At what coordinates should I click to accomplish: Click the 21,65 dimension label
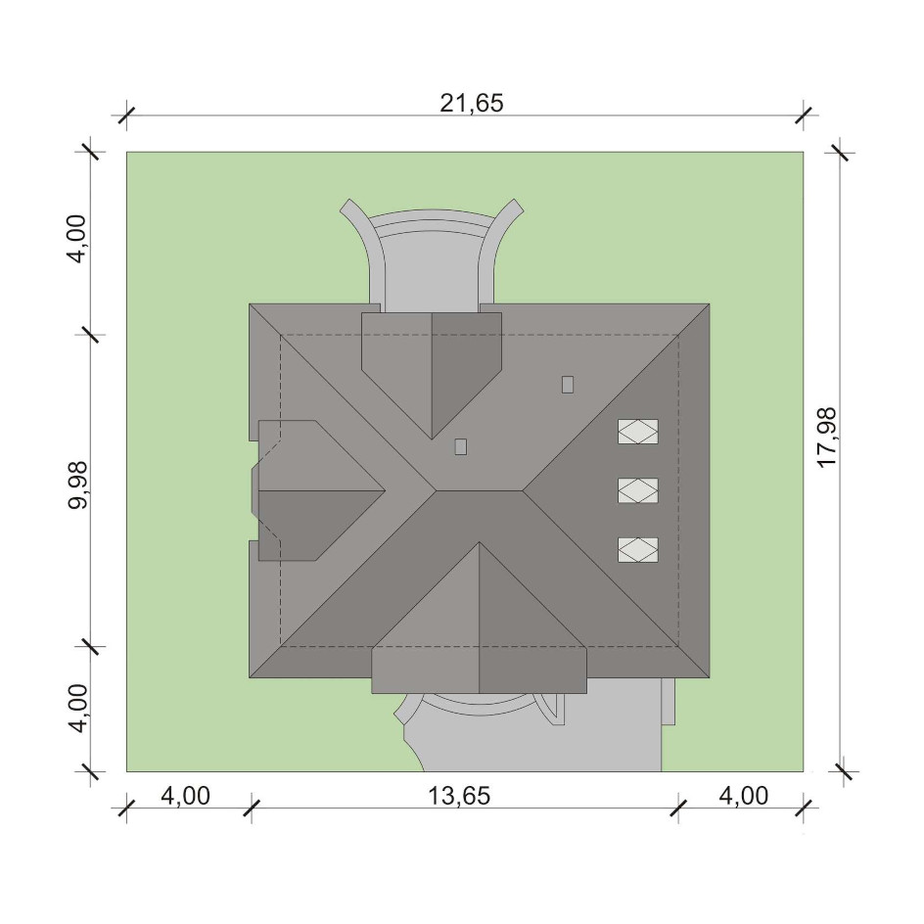click(472, 103)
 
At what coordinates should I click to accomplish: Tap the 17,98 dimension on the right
click(827, 438)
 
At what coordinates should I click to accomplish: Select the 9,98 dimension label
click(77, 484)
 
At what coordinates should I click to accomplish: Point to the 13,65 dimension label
click(458, 796)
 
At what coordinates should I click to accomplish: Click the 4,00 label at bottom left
click(185, 796)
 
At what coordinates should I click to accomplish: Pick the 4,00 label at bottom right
click(743, 796)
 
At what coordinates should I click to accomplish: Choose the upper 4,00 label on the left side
click(77, 238)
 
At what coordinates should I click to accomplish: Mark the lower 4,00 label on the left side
click(77, 709)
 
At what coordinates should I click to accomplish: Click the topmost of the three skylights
click(637, 432)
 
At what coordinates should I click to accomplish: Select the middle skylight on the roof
click(637, 490)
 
